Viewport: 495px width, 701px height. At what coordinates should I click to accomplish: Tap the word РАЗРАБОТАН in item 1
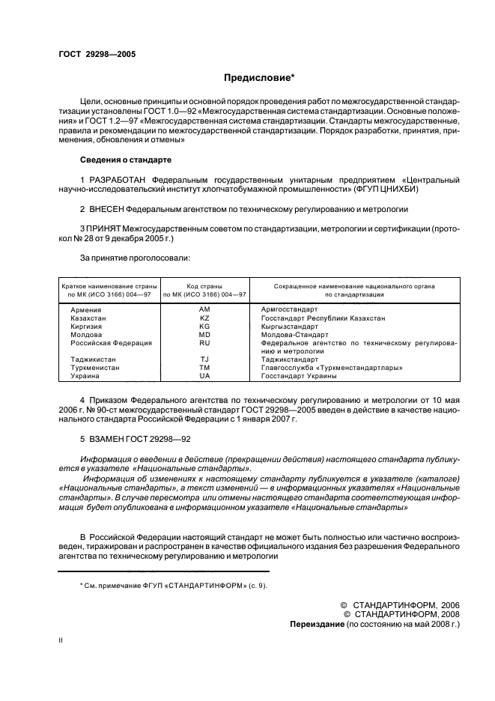pyautogui.click(x=118, y=180)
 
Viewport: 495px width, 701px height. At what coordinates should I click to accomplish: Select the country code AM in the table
pyautogui.click(x=204, y=309)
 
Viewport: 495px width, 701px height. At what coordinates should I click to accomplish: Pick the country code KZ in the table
pyautogui.click(x=204, y=318)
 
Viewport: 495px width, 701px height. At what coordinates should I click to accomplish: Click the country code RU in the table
pyautogui.click(x=204, y=342)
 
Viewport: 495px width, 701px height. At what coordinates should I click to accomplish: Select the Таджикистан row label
pyautogui.click(x=93, y=359)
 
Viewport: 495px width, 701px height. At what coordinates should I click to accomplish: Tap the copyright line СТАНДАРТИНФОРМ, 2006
pyautogui.click(x=405, y=604)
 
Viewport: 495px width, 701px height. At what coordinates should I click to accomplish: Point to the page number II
pyautogui.click(x=61, y=640)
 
